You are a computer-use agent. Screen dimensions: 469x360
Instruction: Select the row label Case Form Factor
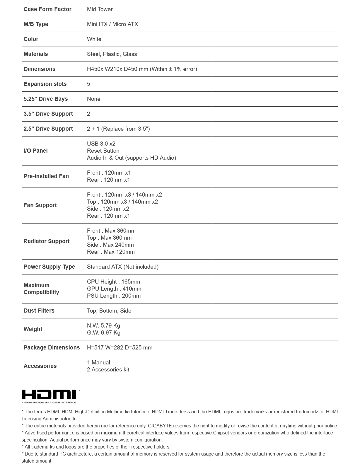click(x=47, y=9)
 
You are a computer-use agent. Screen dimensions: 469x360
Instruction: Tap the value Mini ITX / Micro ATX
click(x=112, y=24)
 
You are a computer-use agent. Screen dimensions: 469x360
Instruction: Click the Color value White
click(x=94, y=39)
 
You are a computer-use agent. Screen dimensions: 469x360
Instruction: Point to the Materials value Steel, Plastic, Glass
click(x=112, y=54)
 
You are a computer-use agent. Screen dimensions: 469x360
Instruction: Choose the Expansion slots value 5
click(x=88, y=84)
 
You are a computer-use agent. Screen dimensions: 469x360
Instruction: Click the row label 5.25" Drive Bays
click(x=46, y=99)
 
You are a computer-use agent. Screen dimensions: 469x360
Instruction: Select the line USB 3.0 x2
click(x=101, y=144)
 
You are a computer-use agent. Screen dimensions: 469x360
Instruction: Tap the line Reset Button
click(x=103, y=151)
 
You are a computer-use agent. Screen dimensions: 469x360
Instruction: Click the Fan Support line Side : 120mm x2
click(x=108, y=209)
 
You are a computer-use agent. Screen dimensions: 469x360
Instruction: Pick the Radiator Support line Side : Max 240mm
click(x=110, y=245)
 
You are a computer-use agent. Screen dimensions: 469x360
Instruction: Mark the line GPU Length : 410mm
click(x=114, y=289)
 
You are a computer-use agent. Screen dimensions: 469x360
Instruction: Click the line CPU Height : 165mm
click(x=113, y=282)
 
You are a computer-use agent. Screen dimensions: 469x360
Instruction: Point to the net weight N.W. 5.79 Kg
click(x=103, y=326)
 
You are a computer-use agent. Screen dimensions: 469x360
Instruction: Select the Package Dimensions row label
click(x=52, y=348)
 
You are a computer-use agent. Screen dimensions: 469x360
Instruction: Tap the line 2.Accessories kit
click(x=108, y=370)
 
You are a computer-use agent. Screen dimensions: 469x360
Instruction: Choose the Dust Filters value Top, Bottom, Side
click(x=109, y=311)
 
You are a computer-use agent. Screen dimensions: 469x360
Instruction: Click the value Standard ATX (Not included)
click(x=123, y=267)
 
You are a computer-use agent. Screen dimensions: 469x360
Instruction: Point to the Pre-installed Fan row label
click(x=46, y=176)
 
